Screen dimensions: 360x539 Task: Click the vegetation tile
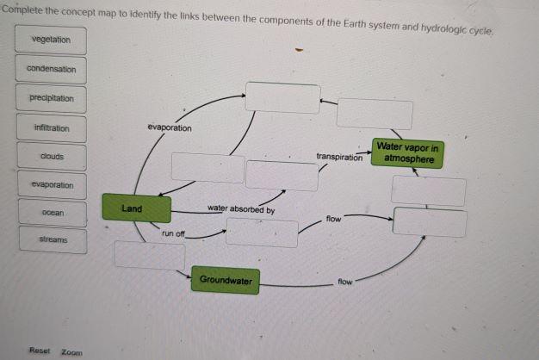click(51, 40)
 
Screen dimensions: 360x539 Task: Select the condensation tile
click(51, 69)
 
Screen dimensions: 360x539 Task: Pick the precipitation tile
click(51, 98)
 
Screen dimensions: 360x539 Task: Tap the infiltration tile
click(51, 128)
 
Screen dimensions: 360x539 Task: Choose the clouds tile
click(51, 157)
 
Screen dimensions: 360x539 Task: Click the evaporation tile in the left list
click(51, 185)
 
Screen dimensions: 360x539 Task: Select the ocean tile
click(51, 212)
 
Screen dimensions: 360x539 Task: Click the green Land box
click(132, 208)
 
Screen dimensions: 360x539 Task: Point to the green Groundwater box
click(225, 280)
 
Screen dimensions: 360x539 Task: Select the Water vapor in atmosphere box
click(408, 153)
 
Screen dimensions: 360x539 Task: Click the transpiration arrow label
click(338, 158)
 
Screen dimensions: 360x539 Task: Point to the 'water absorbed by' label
click(241, 209)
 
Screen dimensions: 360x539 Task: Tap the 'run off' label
click(173, 233)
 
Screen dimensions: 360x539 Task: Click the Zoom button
click(72, 351)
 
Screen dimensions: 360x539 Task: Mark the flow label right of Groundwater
click(345, 282)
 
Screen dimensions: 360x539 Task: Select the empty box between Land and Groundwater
click(150, 255)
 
